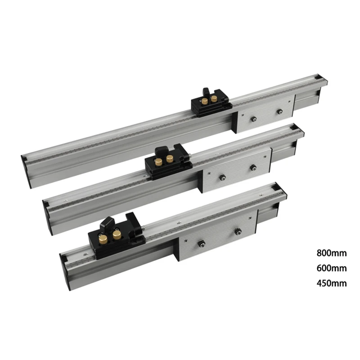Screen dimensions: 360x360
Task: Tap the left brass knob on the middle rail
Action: (159, 162)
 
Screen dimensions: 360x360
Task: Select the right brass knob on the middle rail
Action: (170, 158)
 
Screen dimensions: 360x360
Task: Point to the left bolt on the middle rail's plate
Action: (222, 177)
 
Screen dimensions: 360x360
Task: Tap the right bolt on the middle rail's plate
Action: (253, 168)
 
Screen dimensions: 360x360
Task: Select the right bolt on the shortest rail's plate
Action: (238, 231)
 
